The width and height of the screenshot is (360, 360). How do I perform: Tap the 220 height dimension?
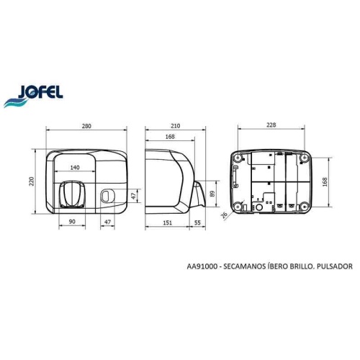[x=31, y=182]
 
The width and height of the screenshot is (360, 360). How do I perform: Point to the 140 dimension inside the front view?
[x=74, y=167]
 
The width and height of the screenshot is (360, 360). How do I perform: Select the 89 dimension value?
[x=214, y=193]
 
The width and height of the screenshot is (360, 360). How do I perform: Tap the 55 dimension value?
[x=198, y=223]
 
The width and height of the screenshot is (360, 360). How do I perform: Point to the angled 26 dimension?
[x=223, y=214]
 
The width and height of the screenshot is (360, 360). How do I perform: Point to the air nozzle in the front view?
[x=73, y=194]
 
